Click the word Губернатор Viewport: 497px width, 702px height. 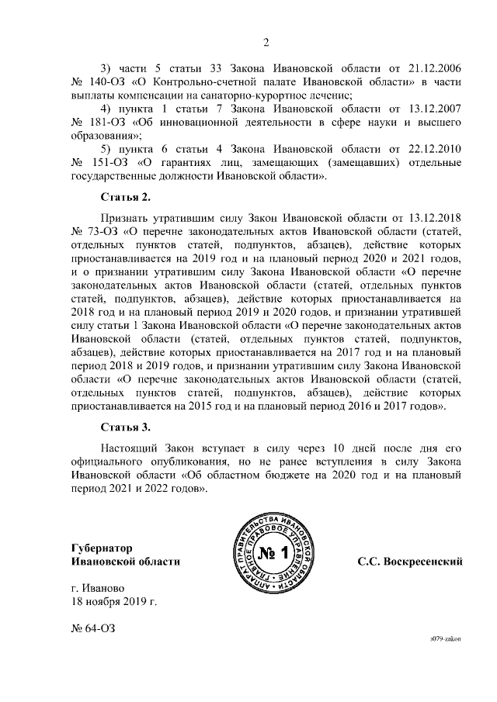point(104,547)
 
